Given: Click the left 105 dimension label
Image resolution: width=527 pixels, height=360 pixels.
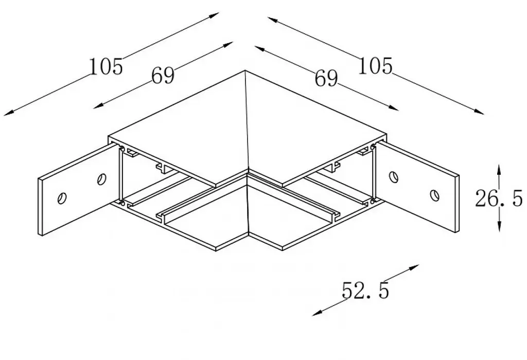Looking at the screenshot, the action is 106,66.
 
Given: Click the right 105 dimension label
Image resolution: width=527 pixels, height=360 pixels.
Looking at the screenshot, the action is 375,65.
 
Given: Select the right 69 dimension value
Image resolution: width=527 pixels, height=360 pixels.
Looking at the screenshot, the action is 326,79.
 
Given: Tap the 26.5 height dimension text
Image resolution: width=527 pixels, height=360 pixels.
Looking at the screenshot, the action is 499,198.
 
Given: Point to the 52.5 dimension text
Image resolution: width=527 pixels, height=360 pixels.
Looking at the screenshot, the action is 365,291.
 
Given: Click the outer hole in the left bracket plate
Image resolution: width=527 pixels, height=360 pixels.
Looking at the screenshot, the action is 62,198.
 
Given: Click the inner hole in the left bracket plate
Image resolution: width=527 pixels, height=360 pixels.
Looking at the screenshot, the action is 102,179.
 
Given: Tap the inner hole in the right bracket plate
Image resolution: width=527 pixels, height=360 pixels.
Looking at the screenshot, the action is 393,176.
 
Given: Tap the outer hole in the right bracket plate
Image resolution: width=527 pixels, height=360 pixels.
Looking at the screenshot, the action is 434,195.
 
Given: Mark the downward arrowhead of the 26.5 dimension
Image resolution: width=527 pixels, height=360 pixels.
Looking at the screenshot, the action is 500,226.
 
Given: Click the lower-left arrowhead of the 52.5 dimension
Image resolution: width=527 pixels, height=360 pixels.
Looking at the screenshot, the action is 317,313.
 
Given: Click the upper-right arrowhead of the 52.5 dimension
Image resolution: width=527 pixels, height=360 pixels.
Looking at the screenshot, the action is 413,267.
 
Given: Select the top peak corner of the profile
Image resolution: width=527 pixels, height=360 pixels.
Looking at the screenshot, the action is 245,70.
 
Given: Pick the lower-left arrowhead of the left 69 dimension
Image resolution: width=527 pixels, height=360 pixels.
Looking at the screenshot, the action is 98,106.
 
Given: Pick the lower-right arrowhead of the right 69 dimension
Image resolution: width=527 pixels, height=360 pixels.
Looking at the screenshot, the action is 393,108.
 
